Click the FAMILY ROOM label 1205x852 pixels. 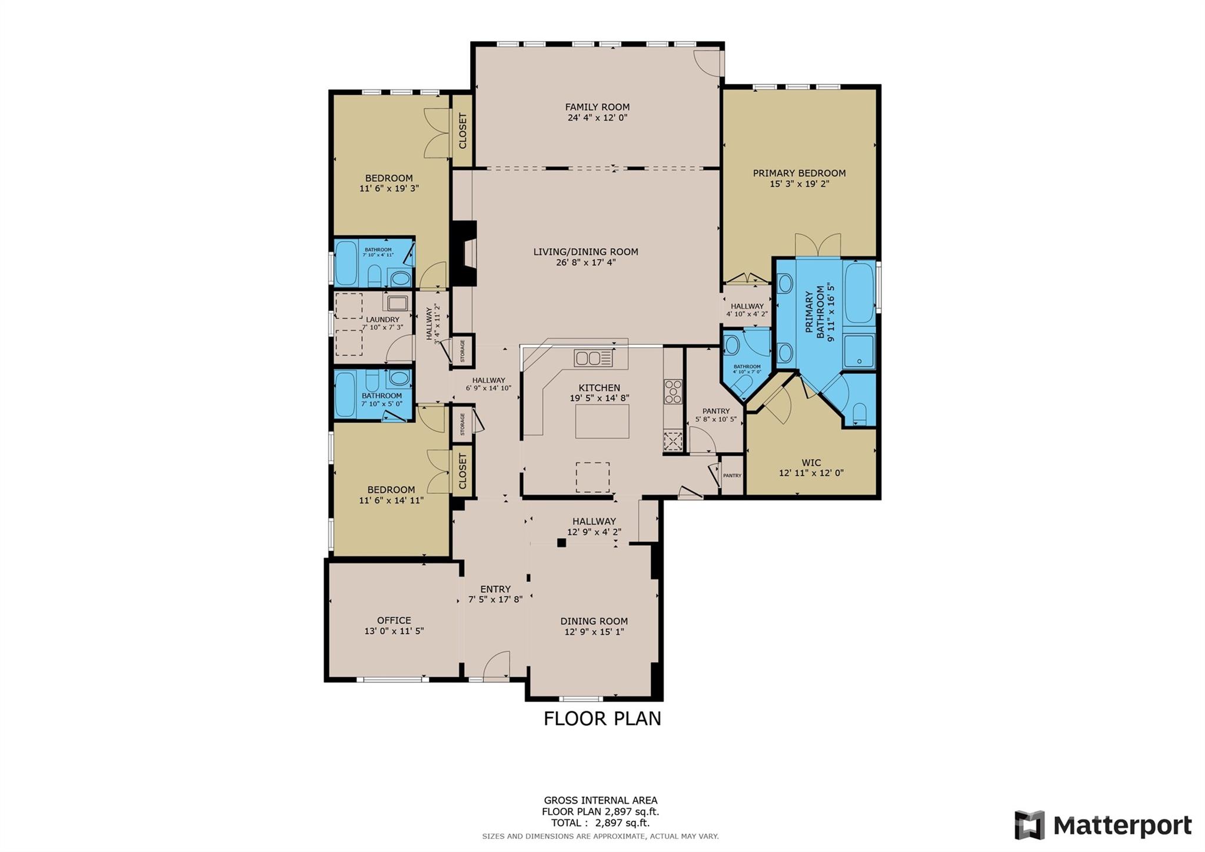pos(597,107)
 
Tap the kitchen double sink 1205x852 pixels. pos(593,358)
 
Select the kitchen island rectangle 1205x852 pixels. pos(601,421)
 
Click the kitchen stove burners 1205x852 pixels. pos(673,391)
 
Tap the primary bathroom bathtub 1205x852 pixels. pos(859,293)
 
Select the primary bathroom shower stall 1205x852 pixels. pos(859,352)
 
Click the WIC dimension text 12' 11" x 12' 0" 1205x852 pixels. pos(811,473)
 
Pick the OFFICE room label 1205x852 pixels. pos(394,620)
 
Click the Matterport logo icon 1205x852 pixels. pos(1029,825)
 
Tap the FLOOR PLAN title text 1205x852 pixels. pos(602,718)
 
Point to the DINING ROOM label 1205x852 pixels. pos(594,621)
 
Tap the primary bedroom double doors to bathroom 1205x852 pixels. pos(817,245)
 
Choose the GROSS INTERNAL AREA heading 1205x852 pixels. pos(600,800)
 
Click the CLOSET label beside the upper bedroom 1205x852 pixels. pos(462,131)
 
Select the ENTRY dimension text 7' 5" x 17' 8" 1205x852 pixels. pos(495,600)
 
